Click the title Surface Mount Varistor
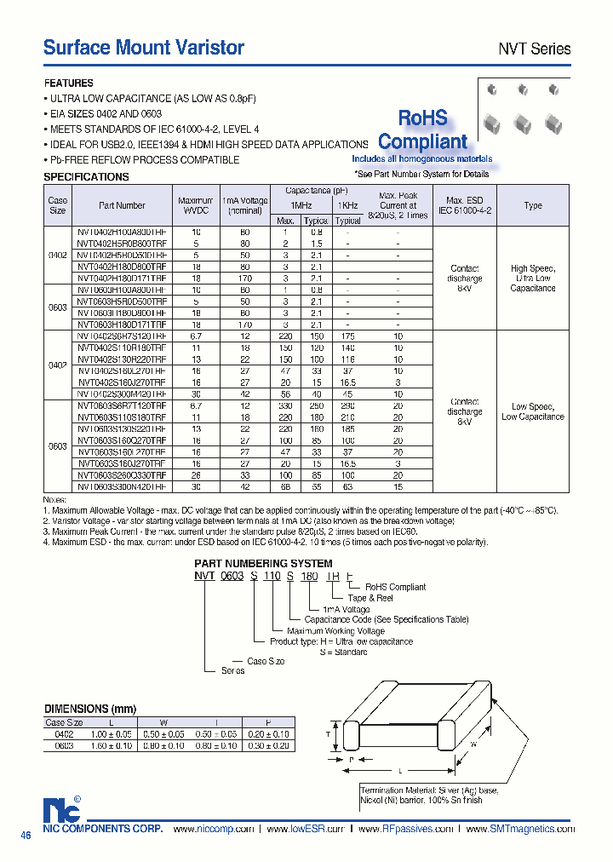[x=144, y=48]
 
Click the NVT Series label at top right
[x=534, y=49]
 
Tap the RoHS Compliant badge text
[x=422, y=130]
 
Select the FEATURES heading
[x=69, y=83]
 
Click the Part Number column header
[x=122, y=205]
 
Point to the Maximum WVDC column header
[x=196, y=205]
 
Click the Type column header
[x=532, y=205]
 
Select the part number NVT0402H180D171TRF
[x=122, y=278]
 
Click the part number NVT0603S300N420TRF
[x=122, y=486]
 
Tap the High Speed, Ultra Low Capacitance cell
[x=532, y=279]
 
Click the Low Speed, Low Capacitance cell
[x=532, y=411]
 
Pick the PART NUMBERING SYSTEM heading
[x=263, y=564]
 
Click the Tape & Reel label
[x=368, y=598]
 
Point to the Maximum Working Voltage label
[x=335, y=631]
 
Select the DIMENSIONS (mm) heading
[x=89, y=709]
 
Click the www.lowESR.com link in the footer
[x=305, y=829]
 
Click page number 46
[x=26, y=836]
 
